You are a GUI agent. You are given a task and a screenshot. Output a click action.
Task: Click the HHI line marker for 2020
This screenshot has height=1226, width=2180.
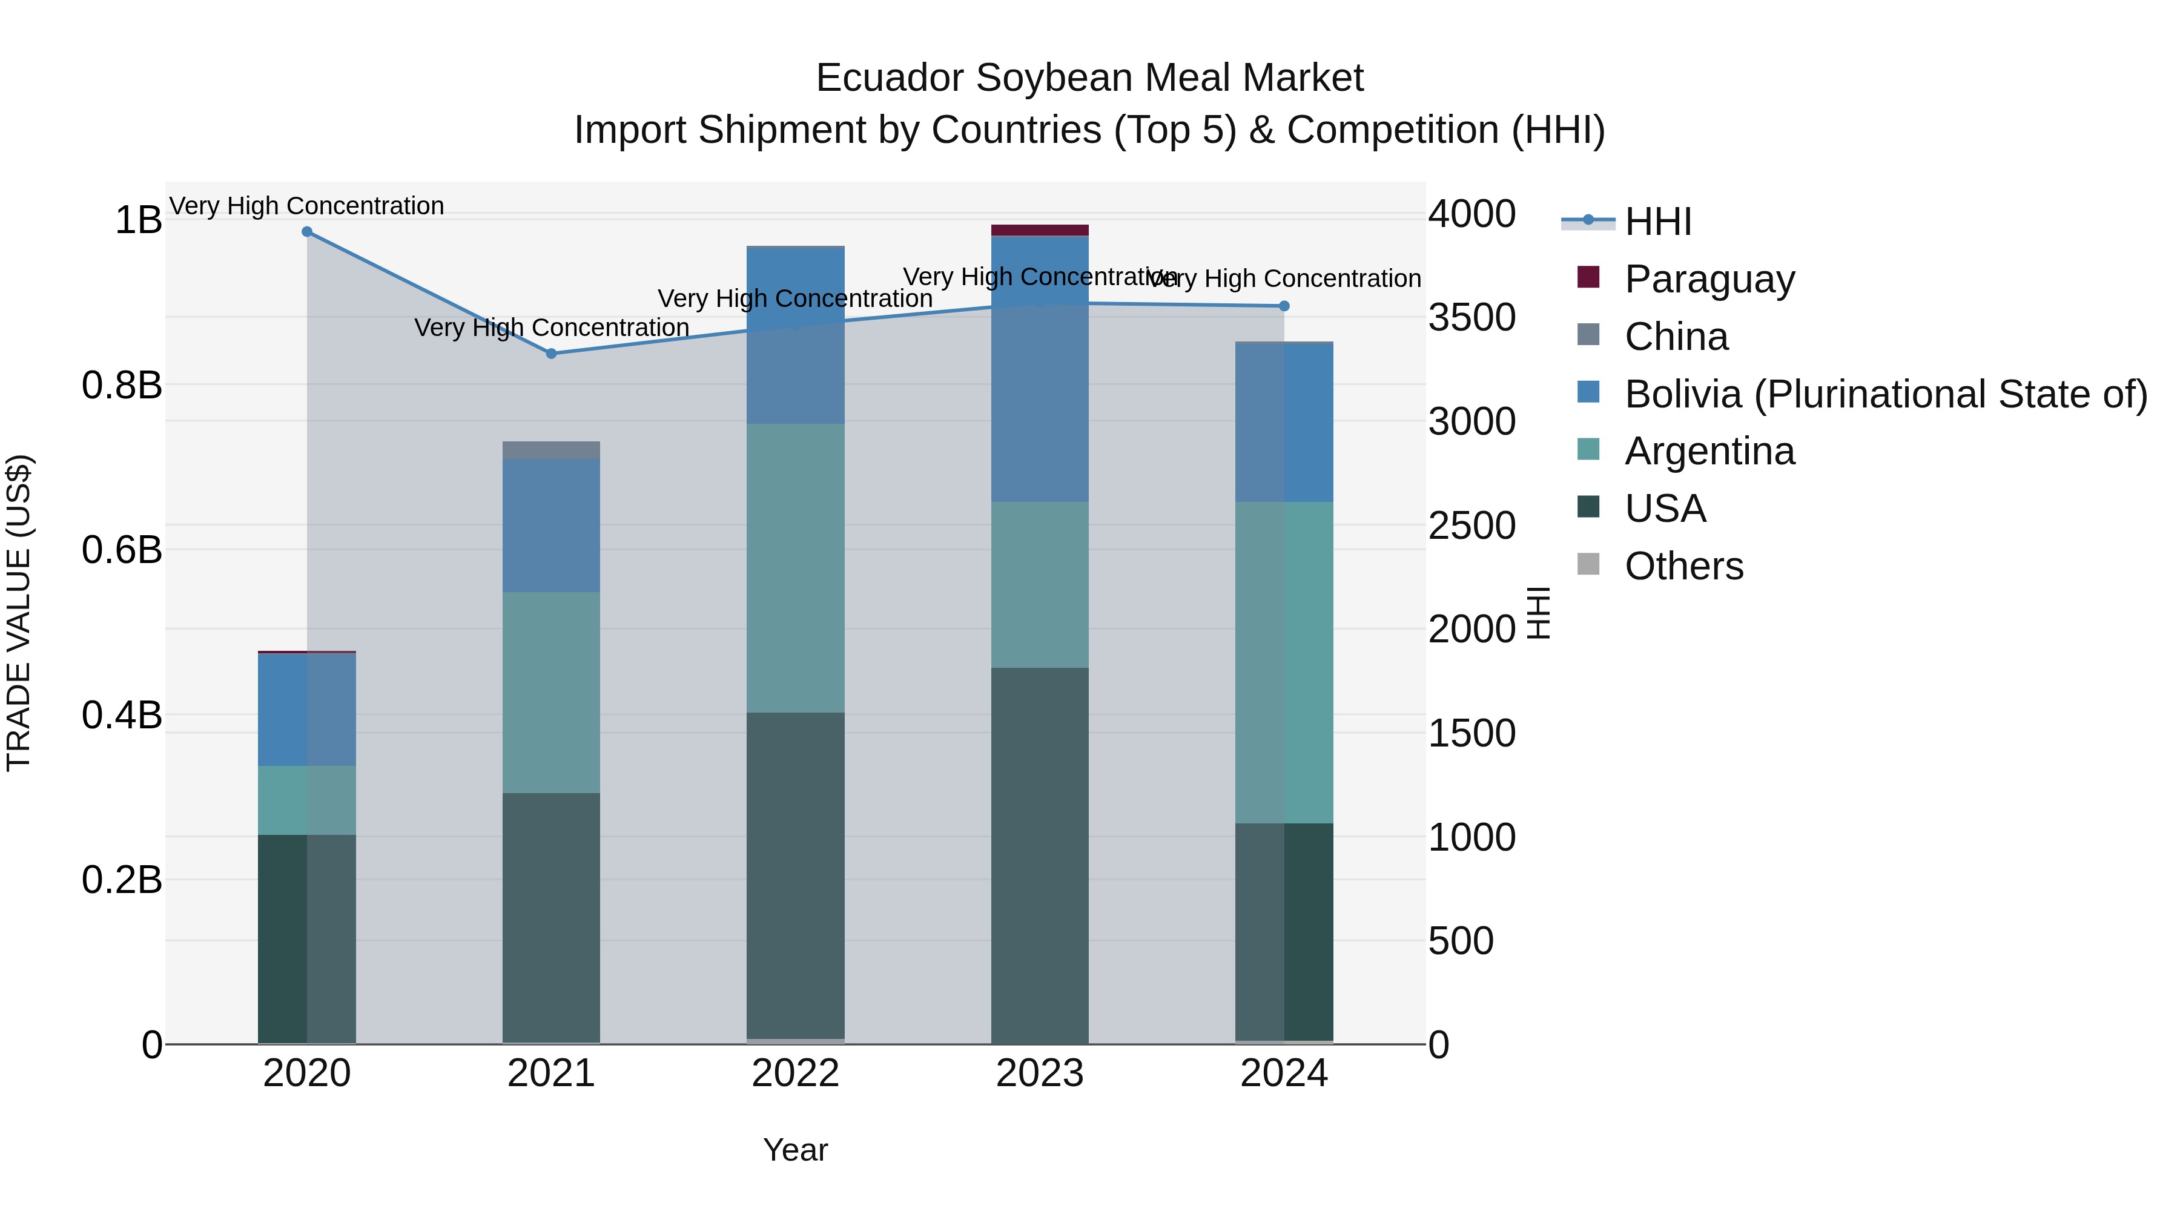[307, 232]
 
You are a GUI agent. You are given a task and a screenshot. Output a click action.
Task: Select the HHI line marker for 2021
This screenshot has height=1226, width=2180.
[551, 354]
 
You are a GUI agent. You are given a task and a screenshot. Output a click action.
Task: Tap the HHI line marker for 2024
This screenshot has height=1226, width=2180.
[1284, 306]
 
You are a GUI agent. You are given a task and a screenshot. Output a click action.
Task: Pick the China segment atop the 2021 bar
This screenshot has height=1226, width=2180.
[551, 450]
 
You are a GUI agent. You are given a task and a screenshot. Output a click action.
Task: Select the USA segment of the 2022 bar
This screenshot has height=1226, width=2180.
[796, 875]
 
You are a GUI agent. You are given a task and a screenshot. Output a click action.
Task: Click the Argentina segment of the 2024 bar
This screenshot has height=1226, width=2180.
[1284, 662]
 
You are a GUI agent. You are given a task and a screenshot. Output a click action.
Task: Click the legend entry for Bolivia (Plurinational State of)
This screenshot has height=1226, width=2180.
[1886, 394]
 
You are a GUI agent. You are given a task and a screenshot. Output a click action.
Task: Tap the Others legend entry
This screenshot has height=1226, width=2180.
[1683, 566]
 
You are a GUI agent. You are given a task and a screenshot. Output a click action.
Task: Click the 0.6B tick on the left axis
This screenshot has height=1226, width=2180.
[122, 550]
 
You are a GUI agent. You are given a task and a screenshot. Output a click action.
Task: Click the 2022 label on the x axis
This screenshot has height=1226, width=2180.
[796, 1073]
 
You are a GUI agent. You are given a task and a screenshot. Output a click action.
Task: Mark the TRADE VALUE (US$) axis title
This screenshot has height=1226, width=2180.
[19, 613]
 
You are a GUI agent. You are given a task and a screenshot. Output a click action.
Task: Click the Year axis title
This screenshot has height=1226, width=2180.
[796, 1150]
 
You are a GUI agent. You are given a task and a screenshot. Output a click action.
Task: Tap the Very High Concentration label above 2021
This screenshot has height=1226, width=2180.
[551, 328]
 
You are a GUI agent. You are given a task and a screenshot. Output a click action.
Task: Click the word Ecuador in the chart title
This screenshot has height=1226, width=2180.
[890, 78]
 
